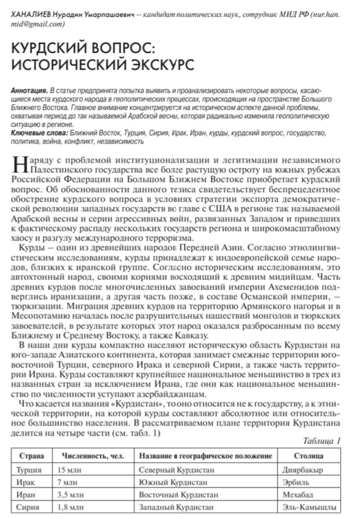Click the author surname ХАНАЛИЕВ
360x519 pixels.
pyautogui.click(x=30, y=15)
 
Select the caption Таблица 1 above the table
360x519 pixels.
pyautogui.click(x=321, y=441)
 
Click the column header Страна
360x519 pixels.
pyautogui.click(x=31, y=456)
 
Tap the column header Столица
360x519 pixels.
pyautogui.click(x=308, y=456)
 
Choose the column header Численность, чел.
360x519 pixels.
pyautogui.click(x=93, y=456)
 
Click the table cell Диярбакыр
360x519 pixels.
pyautogui.click(x=302, y=470)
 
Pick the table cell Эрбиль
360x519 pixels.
pyautogui.click(x=295, y=482)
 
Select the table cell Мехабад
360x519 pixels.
pyautogui.click(x=297, y=495)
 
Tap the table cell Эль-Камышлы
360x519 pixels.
pyautogui.click(x=309, y=507)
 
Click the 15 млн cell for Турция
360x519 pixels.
pyautogui.click(x=69, y=470)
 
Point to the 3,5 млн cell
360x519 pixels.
pyautogui.click(x=70, y=495)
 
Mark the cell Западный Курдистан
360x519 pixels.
pyautogui.click(x=176, y=507)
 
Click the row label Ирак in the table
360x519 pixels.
pyautogui.click(x=25, y=482)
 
